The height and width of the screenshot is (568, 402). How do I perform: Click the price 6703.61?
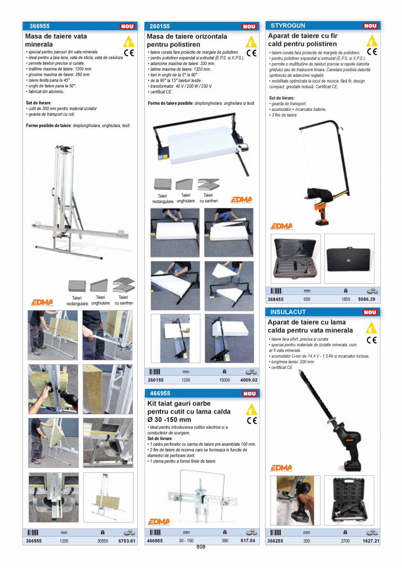(x=127, y=541)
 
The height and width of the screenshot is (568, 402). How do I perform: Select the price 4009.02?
(x=249, y=380)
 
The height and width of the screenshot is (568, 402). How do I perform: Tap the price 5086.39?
(x=369, y=299)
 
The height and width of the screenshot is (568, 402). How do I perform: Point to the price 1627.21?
(x=371, y=541)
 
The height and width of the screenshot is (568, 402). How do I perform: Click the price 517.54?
(x=248, y=541)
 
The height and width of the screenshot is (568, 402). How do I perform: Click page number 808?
(x=201, y=547)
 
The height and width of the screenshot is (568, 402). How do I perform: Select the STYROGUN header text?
(x=288, y=26)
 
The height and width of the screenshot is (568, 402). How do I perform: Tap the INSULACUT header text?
(x=288, y=312)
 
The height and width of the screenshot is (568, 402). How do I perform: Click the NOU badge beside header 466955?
(x=249, y=394)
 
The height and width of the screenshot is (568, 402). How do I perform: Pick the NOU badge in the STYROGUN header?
(x=370, y=26)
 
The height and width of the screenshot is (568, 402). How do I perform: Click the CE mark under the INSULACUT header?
(x=371, y=340)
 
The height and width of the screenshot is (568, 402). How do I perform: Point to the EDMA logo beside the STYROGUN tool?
(x=281, y=226)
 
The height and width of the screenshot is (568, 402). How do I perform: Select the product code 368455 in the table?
(x=276, y=299)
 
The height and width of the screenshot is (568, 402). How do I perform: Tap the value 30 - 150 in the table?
(x=186, y=541)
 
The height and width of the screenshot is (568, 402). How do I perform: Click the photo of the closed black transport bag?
(x=349, y=259)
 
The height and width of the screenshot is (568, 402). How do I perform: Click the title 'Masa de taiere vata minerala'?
(x=56, y=40)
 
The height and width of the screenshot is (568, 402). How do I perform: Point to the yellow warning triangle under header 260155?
(x=251, y=42)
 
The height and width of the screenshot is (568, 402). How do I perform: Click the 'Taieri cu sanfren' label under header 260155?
(x=208, y=198)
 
